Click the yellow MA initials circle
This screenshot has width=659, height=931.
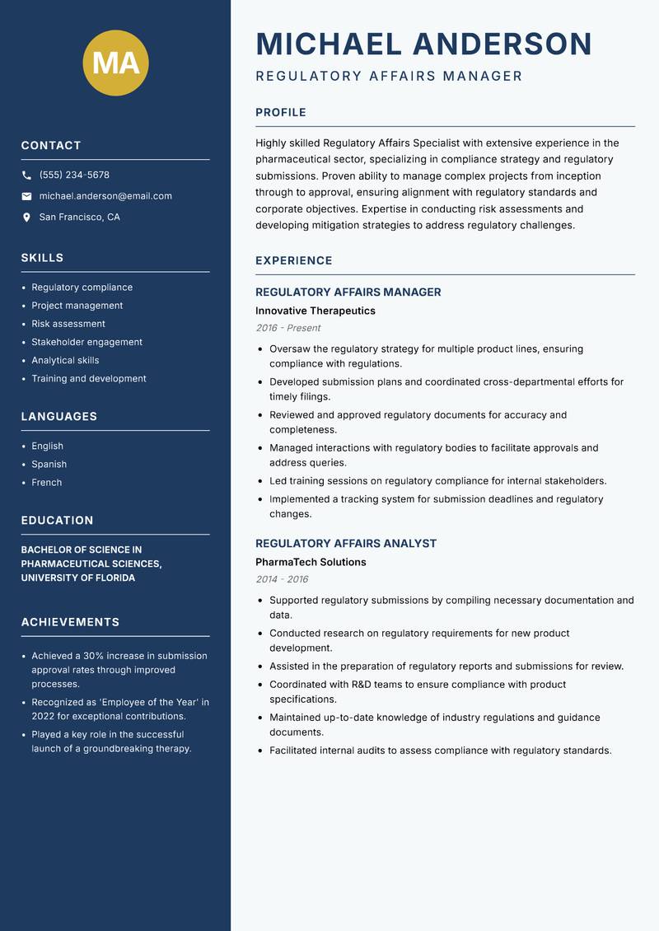(115, 63)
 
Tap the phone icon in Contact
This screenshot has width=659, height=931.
(26, 175)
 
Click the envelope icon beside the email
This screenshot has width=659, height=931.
(26, 196)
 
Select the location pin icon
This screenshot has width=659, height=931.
(26, 218)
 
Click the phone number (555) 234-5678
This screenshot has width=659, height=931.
(74, 175)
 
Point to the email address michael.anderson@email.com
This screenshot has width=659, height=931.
(105, 196)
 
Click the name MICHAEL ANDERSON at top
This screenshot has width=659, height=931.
(424, 44)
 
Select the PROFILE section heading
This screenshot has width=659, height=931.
(281, 113)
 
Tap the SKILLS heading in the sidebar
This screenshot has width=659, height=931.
(42, 258)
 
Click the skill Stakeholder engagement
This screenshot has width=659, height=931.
(86, 342)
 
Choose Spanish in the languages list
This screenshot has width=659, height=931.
(49, 464)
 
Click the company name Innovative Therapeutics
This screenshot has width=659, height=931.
(315, 311)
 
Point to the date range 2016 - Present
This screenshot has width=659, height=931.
(287, 328)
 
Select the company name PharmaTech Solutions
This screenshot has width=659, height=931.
(311, 562)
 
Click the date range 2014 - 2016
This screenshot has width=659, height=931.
(282, 579)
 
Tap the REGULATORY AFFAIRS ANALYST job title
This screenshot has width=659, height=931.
(346, 544)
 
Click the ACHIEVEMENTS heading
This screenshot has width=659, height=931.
(70, 622)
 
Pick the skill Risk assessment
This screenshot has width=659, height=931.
(68, 324)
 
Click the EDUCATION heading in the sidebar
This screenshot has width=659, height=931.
(57, 521)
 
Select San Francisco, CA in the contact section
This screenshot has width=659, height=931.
(79, 218)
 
